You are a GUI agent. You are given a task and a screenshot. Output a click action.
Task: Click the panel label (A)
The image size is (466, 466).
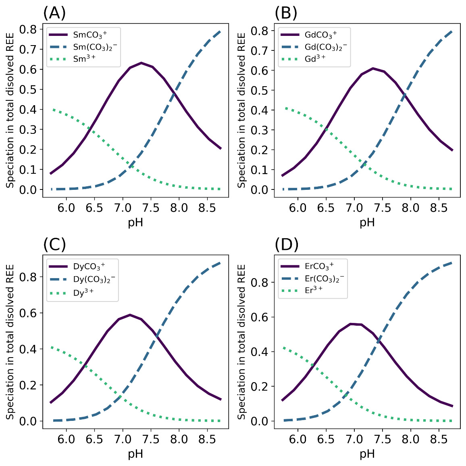(x=54, y=13)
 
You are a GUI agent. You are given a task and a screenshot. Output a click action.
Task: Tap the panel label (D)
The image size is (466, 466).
(x=286, y=244)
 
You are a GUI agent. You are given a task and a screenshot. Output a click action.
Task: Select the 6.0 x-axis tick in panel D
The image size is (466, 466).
(x=298, y=439)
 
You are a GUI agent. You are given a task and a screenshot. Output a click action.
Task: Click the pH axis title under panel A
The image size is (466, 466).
(x=135, y=223)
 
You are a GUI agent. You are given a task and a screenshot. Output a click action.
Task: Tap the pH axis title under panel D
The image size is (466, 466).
(x=367, y=454)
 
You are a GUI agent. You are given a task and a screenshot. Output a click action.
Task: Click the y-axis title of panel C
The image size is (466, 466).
(x=10, y=342)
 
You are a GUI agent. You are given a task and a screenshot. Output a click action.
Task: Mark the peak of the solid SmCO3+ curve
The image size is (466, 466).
(x=141, y=63)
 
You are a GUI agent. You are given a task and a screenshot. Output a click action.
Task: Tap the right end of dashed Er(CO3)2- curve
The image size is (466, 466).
(x=451, y=263)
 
